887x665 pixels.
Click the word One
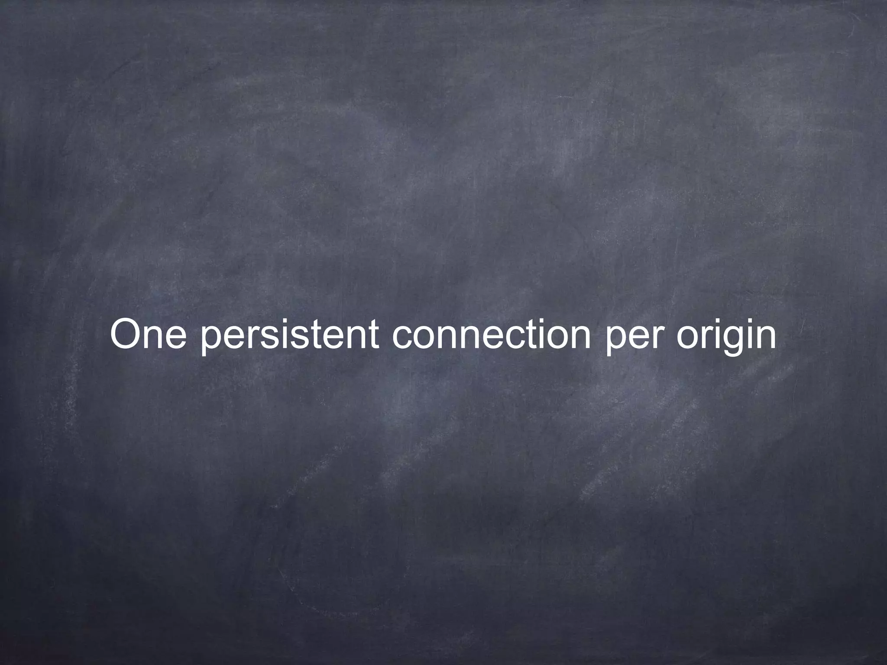tap(149, 334)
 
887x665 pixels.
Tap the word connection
tap(492, 334)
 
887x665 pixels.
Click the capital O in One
tap(126, 334)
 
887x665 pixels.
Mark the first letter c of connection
tap(402, 338)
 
